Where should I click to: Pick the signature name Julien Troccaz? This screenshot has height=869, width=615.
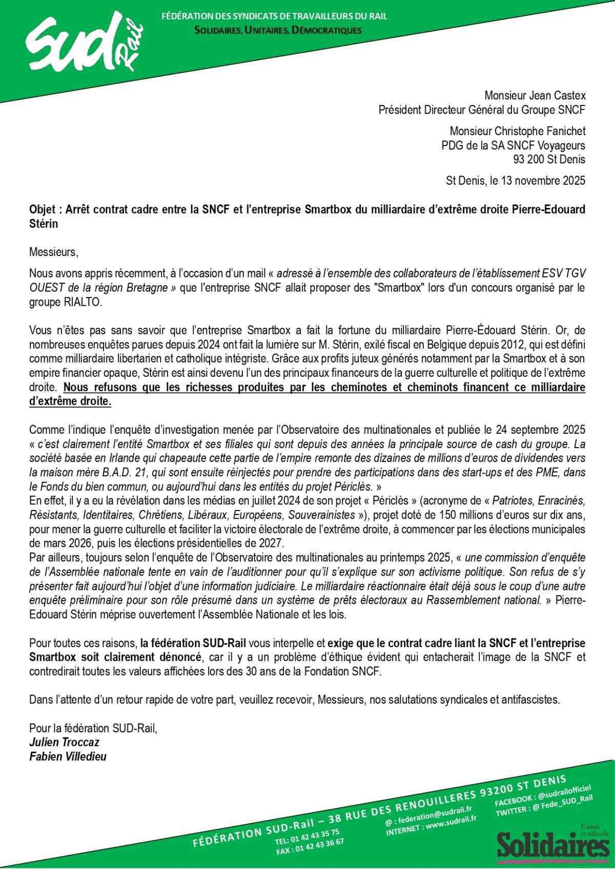coord(64,742)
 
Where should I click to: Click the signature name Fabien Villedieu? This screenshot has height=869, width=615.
coord(68,756)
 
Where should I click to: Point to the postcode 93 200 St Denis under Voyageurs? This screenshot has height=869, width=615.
coord(549,159)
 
